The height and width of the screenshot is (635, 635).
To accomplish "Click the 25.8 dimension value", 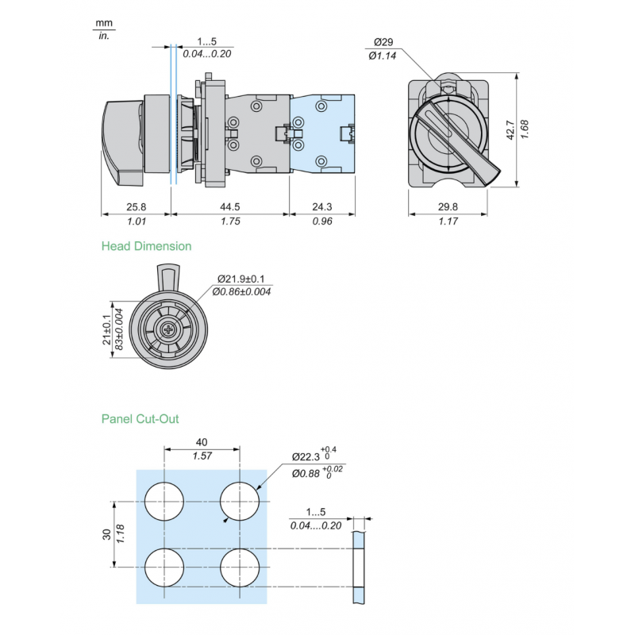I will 136,207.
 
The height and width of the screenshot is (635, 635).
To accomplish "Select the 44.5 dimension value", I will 230,207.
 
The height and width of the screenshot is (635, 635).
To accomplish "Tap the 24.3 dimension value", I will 321,207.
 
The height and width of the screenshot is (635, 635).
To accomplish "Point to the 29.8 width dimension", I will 448,207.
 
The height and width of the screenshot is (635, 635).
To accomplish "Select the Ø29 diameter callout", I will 383,42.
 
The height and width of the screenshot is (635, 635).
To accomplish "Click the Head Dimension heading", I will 146,246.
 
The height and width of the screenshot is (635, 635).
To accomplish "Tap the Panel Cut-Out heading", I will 140,418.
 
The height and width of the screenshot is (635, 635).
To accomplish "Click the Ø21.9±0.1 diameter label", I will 242,279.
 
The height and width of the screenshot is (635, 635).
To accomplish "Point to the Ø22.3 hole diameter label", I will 305,457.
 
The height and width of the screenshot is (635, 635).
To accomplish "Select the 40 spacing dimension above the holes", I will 202,442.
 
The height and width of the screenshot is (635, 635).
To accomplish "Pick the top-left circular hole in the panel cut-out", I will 164,502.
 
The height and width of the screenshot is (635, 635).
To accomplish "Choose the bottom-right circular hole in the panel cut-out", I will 239,568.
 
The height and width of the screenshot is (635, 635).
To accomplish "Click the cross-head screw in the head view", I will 167,330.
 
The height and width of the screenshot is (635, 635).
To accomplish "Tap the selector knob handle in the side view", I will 123,140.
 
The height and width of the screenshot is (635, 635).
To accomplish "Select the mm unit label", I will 102,23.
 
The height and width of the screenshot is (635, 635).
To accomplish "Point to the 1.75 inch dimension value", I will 230,221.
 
